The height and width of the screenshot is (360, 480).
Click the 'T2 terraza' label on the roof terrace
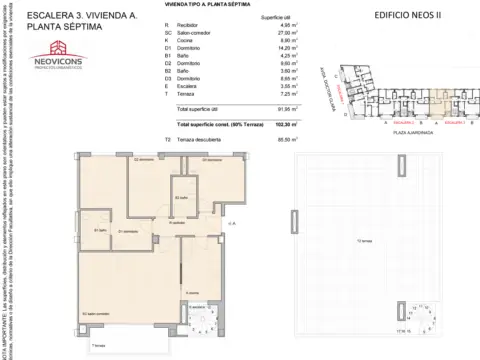tap(364, 242)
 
